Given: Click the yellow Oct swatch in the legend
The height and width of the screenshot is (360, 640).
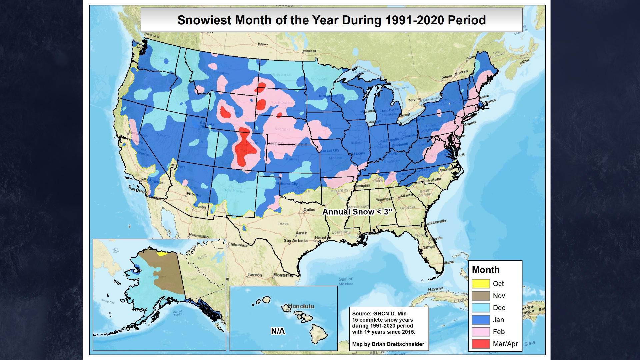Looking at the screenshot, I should (x=480, y=284).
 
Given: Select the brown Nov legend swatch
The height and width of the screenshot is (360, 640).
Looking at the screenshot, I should (x=480, y=296).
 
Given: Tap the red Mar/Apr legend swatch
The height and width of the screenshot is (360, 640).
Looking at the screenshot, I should (x=480, y=344).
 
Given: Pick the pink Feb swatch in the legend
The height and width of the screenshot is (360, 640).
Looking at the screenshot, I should (x=480, y=332).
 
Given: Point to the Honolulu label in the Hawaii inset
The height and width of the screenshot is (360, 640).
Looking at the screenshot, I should (x=301, y=306).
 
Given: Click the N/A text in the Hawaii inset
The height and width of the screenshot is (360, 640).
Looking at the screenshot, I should (x=278, y=331).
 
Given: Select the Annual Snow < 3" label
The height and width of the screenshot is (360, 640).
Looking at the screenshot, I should (x=357, y=212).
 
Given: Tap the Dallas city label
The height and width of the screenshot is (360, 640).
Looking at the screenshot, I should (x=309, y=210).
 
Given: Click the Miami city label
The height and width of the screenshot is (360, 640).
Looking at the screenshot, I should (x=448, y=262).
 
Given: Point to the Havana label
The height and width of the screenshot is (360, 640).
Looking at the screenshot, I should (x=435, y=289).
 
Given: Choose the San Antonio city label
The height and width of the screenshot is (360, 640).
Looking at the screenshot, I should (x=295, y=241).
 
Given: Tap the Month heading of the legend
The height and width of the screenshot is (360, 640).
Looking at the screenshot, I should (x=486, y=270).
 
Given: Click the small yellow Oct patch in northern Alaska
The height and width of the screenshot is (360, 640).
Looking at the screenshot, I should (x=162, y=254).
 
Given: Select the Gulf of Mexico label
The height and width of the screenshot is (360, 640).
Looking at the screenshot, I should (x=345, y=281).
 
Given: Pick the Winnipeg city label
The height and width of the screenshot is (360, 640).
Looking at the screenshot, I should (x=309, y=51).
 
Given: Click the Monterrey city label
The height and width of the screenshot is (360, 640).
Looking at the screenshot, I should (x=283, y=275).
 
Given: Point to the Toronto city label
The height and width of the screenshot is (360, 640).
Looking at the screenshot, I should (x=414, y=100).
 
